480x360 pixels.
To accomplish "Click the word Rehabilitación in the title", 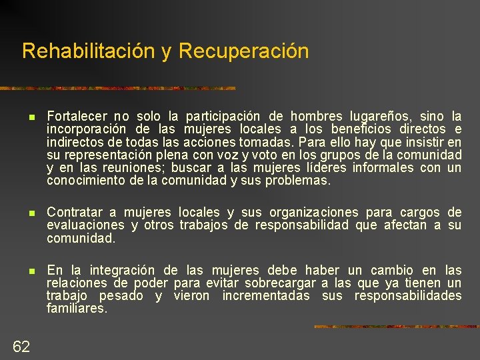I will pos(89,51).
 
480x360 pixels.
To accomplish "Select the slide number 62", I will pos(21,345).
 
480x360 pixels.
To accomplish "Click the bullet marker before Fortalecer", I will pos(32,116).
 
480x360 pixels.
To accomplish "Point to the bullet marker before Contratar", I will pos(32,213).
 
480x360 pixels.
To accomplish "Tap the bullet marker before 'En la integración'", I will pos(32,271).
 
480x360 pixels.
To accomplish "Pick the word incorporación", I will pos(87,129).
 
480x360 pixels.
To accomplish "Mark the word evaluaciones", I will pos(85,225).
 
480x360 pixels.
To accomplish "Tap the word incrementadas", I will pos(266,295).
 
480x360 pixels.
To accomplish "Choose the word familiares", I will pos(77,309).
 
